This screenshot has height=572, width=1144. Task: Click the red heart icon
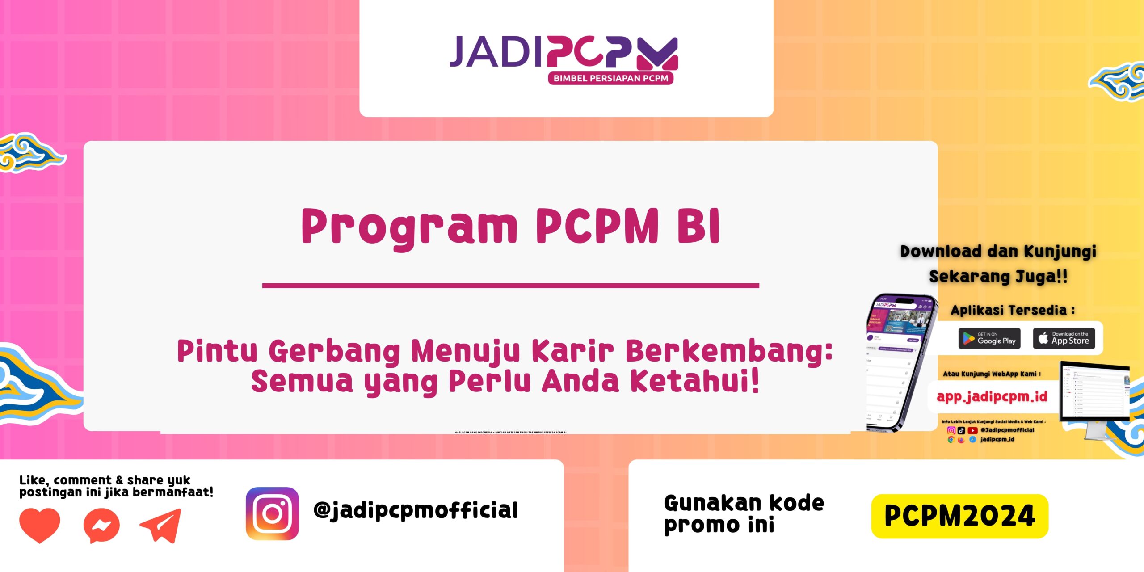click(x=39, y=525)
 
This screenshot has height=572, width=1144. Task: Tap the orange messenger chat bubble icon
click(x=102, y=526)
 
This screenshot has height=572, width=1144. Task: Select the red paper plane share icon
click(x=161, y=526)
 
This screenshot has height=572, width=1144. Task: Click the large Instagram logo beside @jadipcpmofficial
click(x=272, y=513)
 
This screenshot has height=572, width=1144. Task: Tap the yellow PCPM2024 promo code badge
click(x=959, y=516)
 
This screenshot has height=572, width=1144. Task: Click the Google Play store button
click(x=989, y=338)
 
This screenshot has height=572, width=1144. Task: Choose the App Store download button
click(x=1064, y=338)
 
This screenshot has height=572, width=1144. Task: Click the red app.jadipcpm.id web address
click(x=992, y=396)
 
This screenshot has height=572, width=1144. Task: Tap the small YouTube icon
click(x=972, y=430)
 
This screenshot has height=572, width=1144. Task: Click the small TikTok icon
click(x=962, y=430)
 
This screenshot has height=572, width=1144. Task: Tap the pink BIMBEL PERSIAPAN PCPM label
click(x=610, y=78)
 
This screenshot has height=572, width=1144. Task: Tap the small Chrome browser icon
click(x=951, y=440)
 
